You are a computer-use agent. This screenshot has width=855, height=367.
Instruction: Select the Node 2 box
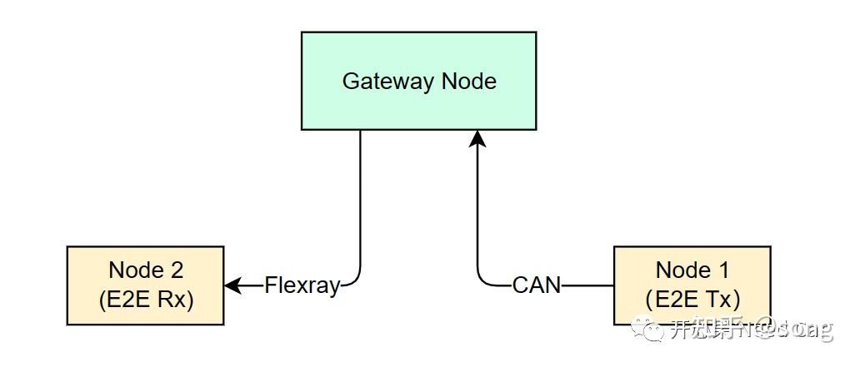click(145, 285)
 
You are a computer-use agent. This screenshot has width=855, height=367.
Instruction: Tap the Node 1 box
click(692, 285)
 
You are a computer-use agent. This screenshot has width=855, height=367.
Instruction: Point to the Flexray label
click(302, 285)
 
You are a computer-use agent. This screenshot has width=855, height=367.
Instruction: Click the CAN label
click(537, 285)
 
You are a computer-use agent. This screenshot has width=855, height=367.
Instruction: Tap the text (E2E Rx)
click(146, 299)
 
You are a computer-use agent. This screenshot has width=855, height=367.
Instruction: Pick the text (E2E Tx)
click(692, 299)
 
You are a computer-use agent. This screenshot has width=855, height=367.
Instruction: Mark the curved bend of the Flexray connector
click(356, 280)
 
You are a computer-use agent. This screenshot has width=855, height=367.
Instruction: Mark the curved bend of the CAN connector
click(482, 280)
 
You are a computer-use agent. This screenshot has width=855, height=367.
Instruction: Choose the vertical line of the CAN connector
click(477, 208)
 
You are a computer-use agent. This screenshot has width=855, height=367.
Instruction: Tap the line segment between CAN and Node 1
click(587, 285)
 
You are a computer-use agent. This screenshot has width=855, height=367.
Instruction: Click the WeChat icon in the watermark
click(646, 328)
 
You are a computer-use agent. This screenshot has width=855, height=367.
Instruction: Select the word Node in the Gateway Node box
click(469, 82)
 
